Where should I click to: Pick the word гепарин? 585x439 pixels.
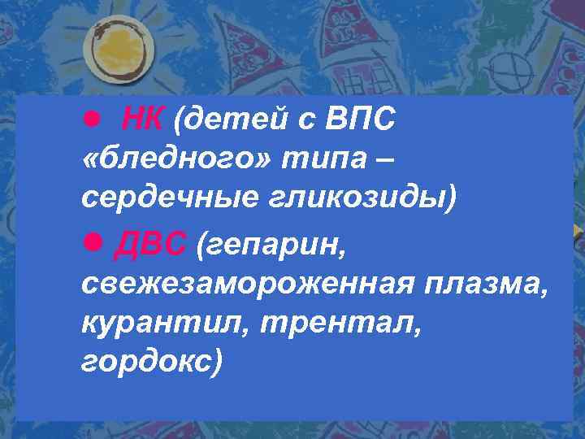[x=279, y=243]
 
